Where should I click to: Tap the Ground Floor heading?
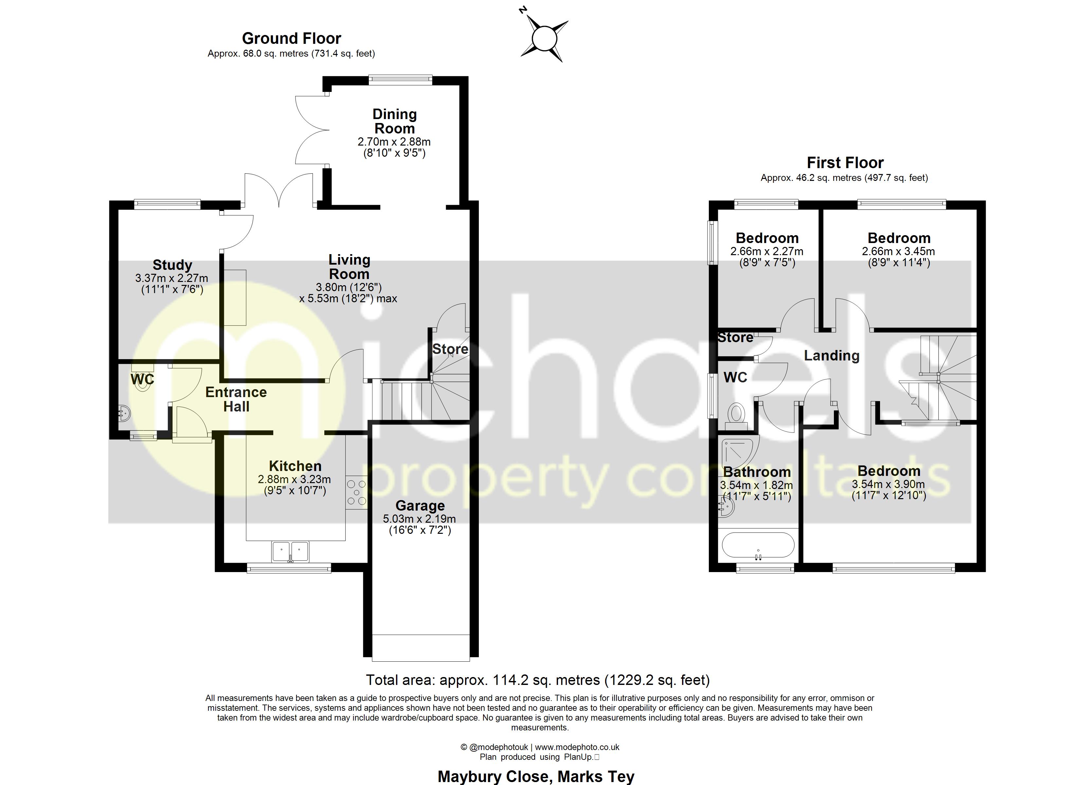(291, 38)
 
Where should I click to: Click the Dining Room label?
(394, 121)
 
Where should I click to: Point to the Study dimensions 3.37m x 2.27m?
(171, 278)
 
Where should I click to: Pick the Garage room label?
(420, 506)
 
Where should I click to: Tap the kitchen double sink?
(290, 551)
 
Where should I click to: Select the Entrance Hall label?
(236, 399)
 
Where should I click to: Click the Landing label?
(831, 356)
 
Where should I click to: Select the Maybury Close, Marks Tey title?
(536, 776)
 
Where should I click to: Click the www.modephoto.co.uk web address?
(577, 747)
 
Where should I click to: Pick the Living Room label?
(349, 267)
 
